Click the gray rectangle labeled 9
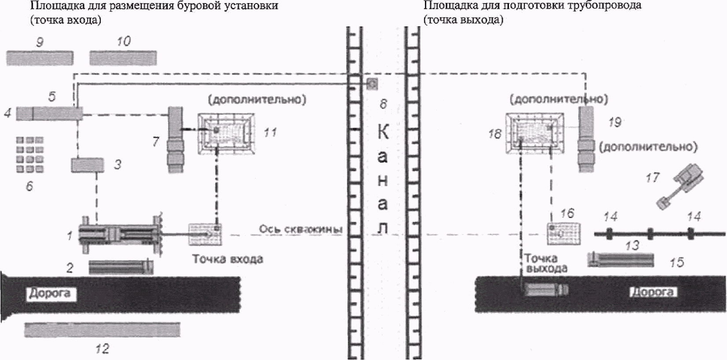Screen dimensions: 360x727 point(40,58)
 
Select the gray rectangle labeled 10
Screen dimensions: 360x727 point(123,58)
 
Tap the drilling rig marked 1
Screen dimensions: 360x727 point(119,234)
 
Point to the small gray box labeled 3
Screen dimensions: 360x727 point(88,165)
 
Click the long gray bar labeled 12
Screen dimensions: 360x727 point(102,330)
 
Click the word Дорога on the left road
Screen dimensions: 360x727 point(49,294)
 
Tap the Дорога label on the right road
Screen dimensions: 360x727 point(652,292)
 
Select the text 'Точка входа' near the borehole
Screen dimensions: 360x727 point(227,259)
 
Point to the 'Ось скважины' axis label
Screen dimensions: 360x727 point(300,229)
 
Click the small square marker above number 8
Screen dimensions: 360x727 point(372,84)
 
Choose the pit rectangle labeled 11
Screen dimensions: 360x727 point(225,133)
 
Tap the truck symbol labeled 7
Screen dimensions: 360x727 point(175,140)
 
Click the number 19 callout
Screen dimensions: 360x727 point(615,122)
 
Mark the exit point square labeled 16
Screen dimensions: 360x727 point(563,234)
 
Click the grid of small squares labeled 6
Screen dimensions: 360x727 point(30,155)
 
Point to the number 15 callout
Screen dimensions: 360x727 point(676,262)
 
